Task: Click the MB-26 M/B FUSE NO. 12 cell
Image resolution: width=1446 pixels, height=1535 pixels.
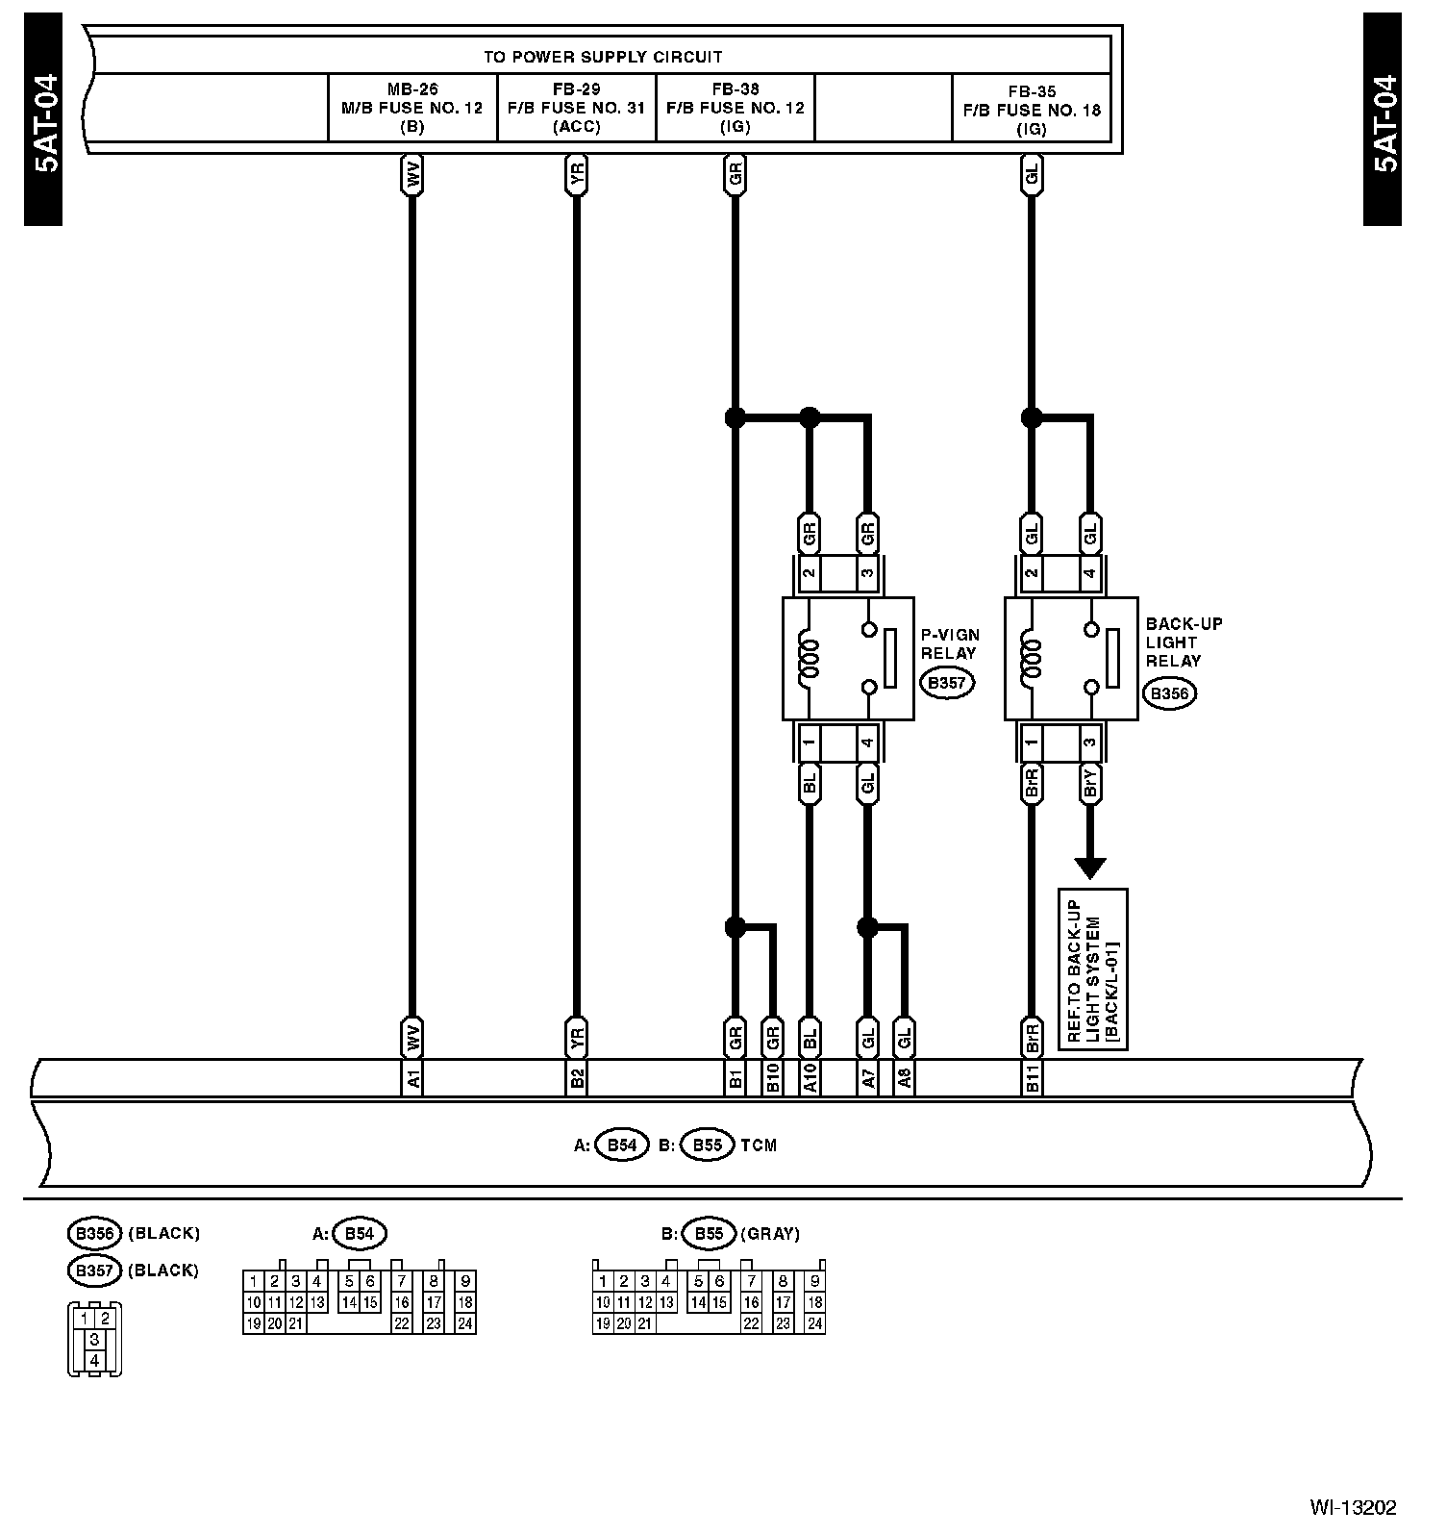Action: [x=412, y=108]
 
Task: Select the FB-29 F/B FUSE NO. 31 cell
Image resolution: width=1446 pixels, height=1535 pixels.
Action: [x=577, y=108]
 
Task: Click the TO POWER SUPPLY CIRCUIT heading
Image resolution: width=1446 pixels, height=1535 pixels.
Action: [x=603, y=57]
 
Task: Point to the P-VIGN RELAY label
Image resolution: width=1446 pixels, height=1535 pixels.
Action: [x=950, y=643]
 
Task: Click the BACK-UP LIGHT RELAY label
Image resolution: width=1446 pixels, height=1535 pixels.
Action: [x=1184, y=642]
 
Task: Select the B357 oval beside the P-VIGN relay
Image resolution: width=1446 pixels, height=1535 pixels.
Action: [x=947, y=684]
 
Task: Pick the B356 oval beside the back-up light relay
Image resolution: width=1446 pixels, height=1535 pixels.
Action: [x=1170, y=693]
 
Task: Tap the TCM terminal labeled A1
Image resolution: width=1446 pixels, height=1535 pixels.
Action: [x=412, y=1079]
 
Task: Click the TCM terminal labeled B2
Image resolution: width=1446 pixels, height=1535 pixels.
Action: [x=577, y=1079]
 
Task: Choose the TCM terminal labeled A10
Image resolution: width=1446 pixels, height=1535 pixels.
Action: [x=810, y=1079]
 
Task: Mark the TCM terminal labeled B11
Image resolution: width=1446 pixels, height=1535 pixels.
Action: [x=1032, y=1079]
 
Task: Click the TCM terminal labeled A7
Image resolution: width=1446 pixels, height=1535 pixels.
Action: [x=868, y=1079]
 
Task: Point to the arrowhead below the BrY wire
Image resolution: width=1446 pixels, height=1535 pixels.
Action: [x=1090, y=868]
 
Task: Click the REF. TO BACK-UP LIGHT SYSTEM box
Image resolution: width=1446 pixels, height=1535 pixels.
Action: [x=1092, y=969]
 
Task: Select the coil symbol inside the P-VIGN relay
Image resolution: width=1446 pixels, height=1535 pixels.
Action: [x=809, y=660]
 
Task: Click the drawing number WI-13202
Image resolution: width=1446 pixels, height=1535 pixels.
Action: [x=1352, y=1507]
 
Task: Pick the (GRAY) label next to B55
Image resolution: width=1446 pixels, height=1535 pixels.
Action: [x=770, y=1234]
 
